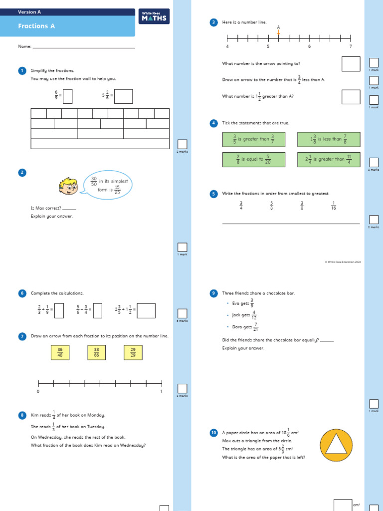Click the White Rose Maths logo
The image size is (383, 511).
(x=154, y=17)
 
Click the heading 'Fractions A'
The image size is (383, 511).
(x=36, y=26)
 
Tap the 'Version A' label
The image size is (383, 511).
(x=29, y=12)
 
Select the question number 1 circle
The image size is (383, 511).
(x=22, y=71)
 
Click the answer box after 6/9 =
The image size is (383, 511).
(x=67, y=95)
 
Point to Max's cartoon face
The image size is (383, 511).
(x=68, y=186)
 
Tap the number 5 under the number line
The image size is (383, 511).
(x=268, y=46)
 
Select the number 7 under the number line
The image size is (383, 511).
(x=351, y=46)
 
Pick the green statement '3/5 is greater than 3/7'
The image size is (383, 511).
(x=254, y=139)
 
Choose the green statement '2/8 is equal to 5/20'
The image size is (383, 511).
(x=254, y=159)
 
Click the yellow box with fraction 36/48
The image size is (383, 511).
(x=60, y=353)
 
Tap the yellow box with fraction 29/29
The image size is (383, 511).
(x=133, y=353)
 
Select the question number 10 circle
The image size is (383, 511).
(x=213, y=433)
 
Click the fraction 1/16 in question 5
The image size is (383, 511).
(x=334, y=205)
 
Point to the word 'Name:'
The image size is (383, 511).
(x=24, y=46)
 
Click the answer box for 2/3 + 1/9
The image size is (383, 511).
(x=59, y=311)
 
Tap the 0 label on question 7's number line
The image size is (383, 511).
(x=38, y=392)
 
